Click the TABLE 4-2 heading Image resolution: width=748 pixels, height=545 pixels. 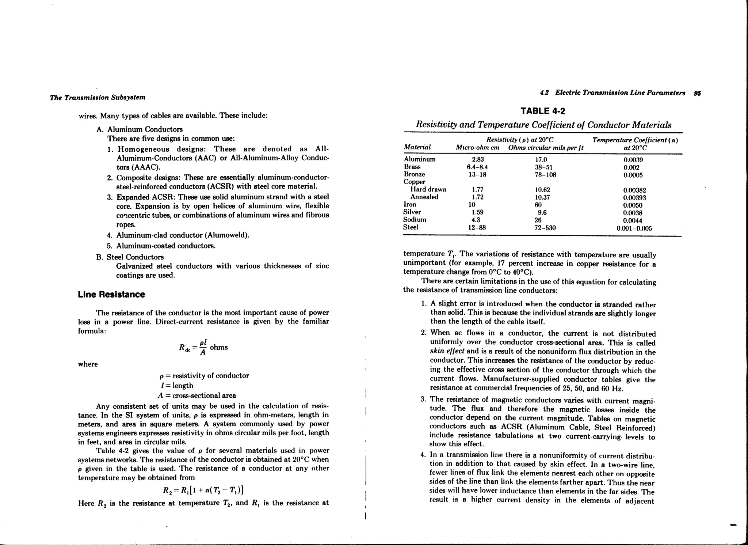point(542,111)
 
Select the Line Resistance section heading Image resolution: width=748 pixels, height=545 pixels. point(111,295)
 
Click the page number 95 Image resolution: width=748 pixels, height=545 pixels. point(697,93)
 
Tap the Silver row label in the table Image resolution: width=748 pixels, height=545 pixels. point(412,212)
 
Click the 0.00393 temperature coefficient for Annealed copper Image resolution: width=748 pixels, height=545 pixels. point(634,198)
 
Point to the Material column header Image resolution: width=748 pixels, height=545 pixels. point(417,147)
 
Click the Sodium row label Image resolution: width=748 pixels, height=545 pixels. point(415,220)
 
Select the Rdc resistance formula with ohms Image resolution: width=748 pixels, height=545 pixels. point(203,347)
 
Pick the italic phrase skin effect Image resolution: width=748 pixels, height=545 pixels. point(447,351)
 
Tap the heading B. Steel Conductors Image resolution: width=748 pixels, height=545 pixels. point(130,257)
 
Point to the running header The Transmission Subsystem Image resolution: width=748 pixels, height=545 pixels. point(98,98)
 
